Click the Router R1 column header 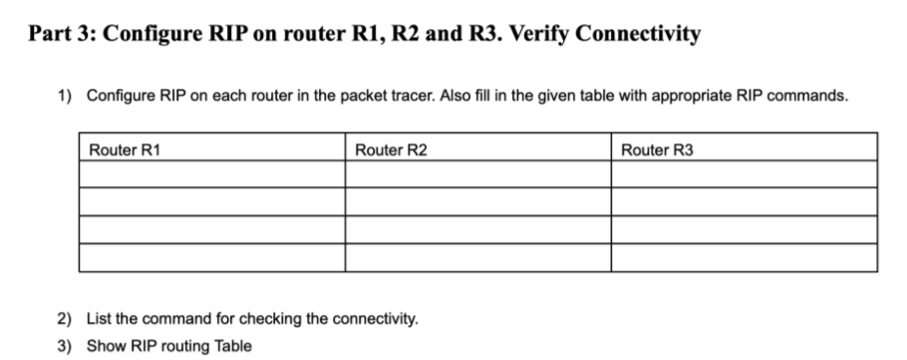coord(126,150)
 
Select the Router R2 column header coord(392,150)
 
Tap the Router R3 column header coord(657,150)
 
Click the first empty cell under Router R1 coord(211,175)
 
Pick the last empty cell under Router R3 coord(744,257)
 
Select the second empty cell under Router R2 coord(477,202)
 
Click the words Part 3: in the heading coord(61,33)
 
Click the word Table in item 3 coord(234,346)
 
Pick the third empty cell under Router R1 coord(211,230)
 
